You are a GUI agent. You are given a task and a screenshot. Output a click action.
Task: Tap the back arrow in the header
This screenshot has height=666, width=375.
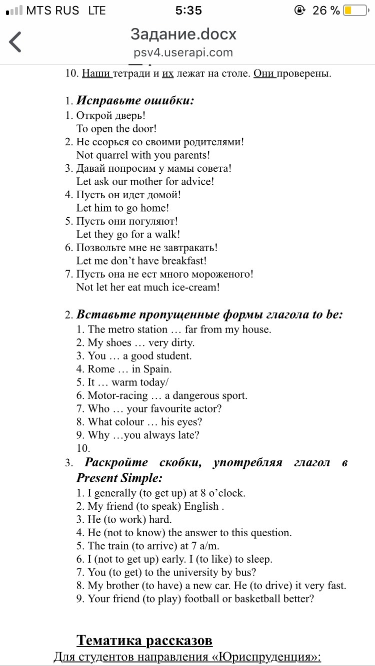click(x=15, y=42)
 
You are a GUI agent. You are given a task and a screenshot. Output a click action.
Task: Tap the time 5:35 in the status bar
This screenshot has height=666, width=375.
click(x=188, y=10)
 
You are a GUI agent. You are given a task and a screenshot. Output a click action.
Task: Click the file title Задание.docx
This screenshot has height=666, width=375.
click(x=183, y=34)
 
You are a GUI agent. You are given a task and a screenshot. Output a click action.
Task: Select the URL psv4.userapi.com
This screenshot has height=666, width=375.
click(x=183, y=52)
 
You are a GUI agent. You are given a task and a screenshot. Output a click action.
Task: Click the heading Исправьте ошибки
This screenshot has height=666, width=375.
click(x=135, y=100)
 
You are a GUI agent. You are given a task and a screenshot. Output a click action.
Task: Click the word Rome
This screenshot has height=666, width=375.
click(x=101, y=369)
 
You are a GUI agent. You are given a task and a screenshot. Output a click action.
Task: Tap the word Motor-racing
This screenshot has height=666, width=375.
click(x=118, y=396)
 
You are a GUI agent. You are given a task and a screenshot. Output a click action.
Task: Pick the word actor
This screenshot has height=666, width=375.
click(x=206, y=409)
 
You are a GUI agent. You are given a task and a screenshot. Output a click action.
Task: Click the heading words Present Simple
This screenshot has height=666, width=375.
click(x=119, y=478)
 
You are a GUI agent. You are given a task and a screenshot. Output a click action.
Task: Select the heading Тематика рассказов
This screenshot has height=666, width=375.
click(x=144, y=641)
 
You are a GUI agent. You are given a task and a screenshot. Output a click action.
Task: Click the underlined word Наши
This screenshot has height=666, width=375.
click(x=96, y=73)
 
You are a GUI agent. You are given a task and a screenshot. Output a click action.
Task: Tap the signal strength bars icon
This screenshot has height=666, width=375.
click(x=13, y=10)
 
